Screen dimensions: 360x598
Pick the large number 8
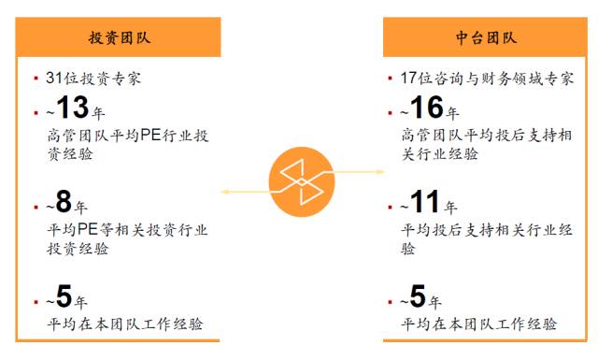(64, 203)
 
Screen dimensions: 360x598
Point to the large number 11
(425, 203)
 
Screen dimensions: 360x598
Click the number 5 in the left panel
(64, 296)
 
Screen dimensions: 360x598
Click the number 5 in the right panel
(418, 296)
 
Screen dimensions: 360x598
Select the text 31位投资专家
(93, 78)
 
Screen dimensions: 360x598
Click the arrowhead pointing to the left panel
(225, 192)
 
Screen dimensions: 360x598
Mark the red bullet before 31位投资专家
(36, 79)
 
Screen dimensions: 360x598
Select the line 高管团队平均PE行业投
(128, 135)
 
